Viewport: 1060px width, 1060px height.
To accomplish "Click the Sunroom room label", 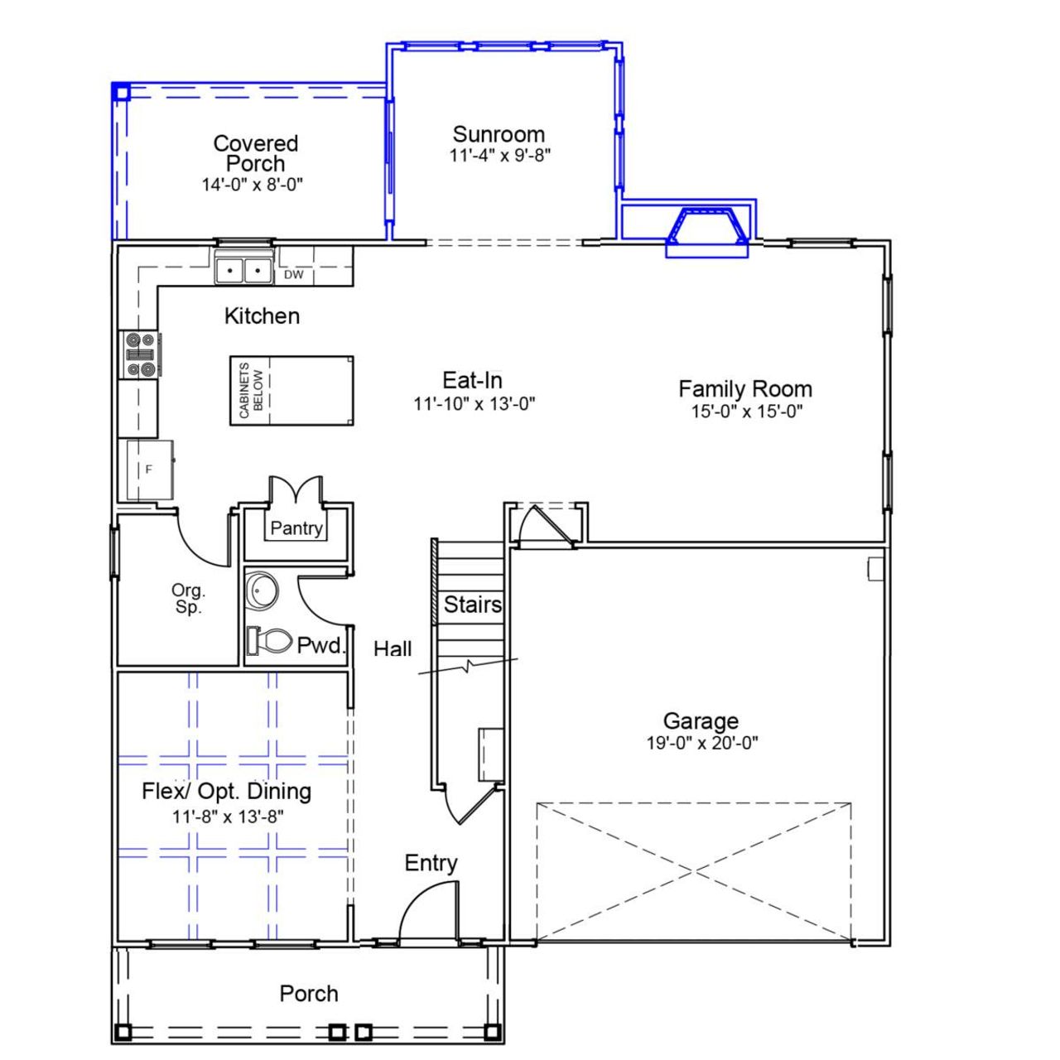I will tap(499, 134).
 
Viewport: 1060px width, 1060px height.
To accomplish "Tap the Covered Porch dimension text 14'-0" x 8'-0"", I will tap(253, 185).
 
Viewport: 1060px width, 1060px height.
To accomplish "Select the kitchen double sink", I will tap(244, 270).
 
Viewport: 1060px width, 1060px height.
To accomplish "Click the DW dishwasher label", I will tap(294, 274).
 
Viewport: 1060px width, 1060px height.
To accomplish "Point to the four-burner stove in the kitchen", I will tap(141, 354).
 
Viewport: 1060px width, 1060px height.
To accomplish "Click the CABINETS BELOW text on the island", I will tap(251, 391).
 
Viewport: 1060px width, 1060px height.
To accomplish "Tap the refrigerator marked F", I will tap(150, 470).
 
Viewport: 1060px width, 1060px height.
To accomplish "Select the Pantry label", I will tap(296, 528).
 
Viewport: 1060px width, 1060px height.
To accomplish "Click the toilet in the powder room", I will tap(270, 640).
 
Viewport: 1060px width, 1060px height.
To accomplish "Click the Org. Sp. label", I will tap(188, 599).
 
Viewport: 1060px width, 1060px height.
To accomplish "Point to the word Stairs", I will tap(472, 605).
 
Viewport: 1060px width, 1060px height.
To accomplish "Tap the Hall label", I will tap(393, 648).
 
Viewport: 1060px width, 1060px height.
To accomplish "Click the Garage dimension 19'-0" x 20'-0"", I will tap(702, 744).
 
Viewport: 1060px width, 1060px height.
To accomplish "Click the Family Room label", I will tap(745, 388).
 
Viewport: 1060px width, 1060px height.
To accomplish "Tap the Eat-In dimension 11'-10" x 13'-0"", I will tap(475, 404).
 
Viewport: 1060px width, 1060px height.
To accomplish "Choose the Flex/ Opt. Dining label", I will tap(227, 791).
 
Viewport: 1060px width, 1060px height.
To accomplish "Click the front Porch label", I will tap(309, 994).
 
